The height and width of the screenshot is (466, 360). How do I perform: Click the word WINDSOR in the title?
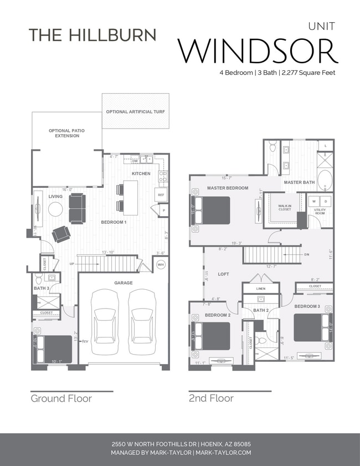tap(258, 50)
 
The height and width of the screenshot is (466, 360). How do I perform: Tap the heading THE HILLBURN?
tap(92, 34)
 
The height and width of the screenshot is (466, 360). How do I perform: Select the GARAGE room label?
tap(124, 283)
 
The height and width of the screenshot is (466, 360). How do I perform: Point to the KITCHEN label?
tap(141, 174)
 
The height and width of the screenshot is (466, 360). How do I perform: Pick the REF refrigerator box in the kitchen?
tap(161, 194)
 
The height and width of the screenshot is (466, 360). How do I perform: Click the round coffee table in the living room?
tap(55, 208)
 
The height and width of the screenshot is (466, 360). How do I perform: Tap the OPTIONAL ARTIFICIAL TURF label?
tap(135, 112)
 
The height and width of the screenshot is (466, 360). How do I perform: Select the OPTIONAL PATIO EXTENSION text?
tap(67, 133)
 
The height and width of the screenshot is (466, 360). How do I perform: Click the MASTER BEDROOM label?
tap(228, 188)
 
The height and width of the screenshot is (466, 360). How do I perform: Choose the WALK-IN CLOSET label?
tap(284, 207)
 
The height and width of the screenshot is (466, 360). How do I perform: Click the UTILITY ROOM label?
tap(320, 212)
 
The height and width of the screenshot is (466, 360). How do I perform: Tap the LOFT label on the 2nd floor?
tap(223, 274)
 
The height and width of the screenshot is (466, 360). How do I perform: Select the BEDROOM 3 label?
tap(307, 306)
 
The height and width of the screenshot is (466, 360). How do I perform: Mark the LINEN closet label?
tap(261, 289)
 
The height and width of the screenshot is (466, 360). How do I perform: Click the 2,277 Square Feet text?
tap(308, 73)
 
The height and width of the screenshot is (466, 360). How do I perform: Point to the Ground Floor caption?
tap(61, 398)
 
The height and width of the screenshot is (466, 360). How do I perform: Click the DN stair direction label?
tap(306, 254)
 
